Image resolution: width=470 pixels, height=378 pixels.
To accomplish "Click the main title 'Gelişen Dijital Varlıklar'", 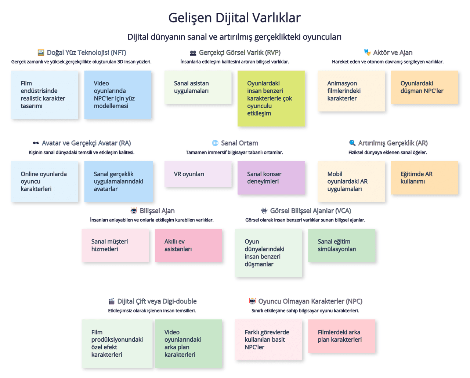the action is click(x=234, y=18).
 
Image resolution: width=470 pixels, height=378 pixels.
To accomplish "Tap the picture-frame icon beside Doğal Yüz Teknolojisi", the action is click(x=41, y=52).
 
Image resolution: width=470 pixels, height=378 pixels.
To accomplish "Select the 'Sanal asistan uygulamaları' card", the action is click(x=198, y=87).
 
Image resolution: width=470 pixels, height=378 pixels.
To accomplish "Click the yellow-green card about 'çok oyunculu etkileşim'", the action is click(x=271, y=98).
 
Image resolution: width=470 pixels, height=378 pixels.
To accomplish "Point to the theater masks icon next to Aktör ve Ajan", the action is click(x=367, y=52).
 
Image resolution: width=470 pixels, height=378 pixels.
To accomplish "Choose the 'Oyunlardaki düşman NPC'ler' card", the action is click(x=424, y=87).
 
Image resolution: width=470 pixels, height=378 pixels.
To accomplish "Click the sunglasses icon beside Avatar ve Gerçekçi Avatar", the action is click(x=36, y=143).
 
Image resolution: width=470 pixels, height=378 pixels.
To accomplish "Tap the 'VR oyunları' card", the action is click(x=198, y=174).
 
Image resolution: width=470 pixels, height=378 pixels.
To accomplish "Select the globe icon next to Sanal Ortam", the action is click(x=215, y=143).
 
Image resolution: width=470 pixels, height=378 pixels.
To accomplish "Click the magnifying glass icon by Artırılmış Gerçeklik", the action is click(x=352, y=143).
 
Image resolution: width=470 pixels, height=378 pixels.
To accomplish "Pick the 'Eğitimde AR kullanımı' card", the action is click(x=424, y=178).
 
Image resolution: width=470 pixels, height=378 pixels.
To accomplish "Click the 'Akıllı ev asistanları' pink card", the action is click(x=188, y=245).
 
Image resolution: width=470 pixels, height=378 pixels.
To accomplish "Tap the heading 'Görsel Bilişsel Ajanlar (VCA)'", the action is click(x=310, y=211).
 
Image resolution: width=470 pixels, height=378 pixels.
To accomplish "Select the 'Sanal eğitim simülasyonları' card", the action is click(x=341, y=245).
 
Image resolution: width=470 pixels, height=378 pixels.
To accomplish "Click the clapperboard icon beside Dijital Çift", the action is click(x=111, y=301).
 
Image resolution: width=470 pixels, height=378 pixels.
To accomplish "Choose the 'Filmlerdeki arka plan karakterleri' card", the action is click(x=341, y=336).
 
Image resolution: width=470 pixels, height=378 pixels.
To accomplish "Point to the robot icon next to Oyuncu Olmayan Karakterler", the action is click(x=252, y=301).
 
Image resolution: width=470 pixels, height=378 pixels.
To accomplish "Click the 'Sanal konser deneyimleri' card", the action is click(x=271, y=178).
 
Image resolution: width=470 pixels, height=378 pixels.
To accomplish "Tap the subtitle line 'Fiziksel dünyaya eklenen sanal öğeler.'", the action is click(x=387, y=153).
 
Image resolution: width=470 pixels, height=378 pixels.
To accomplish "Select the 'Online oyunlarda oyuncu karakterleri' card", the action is click(x=44, y=181).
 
